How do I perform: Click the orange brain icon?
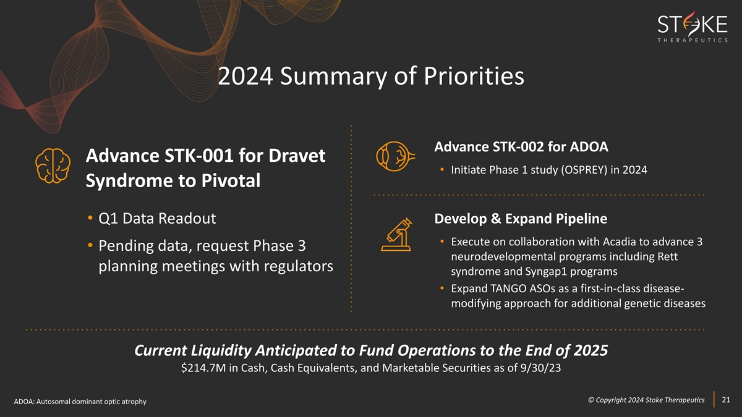point(53,166)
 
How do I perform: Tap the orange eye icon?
point(396,156)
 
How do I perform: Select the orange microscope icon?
point(397,234)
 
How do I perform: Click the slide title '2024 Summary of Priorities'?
point(371,76)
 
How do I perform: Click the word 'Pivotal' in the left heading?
point(231,180)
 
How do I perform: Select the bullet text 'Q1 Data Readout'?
point(157,219)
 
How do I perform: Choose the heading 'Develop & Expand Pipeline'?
point(521,219)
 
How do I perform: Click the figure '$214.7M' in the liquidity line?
point(203,368)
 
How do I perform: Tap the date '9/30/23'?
point(540,368)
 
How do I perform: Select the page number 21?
point(726,400)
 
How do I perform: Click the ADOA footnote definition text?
point(80,402)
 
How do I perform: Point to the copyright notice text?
point(646,400)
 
